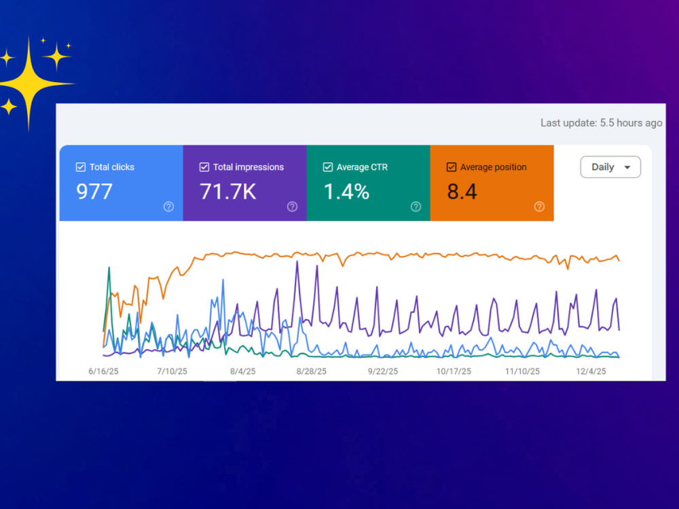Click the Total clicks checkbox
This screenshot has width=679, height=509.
coord(81,167)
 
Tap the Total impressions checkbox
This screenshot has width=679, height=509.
coord(204,167)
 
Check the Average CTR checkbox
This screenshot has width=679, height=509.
coord(328,167)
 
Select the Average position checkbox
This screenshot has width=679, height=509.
coord(452,167)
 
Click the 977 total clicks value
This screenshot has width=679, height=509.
coord(94,191)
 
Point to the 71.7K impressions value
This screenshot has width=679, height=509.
coord(227,191)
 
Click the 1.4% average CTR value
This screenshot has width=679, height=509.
coord(346,191)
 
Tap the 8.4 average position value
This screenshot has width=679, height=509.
coord(462,191)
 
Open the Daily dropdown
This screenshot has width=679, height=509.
coord(610,167)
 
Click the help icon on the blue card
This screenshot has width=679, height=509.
coord(168,207)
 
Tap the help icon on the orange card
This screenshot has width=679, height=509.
coord(539,207)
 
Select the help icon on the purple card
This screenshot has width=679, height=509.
coord(292,207)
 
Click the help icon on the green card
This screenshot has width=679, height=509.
coord(416,207)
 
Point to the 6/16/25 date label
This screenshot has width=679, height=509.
coord(103,371)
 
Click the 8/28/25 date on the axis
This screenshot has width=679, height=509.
coord(312,371)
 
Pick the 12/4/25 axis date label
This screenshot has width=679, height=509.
coord(591,371)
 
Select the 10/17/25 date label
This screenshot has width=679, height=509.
coord(454,371)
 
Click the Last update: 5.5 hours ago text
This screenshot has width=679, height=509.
coord(601,123)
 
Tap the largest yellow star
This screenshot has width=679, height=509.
coord(29,83)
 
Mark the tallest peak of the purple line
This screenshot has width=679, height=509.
coord(297,261)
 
